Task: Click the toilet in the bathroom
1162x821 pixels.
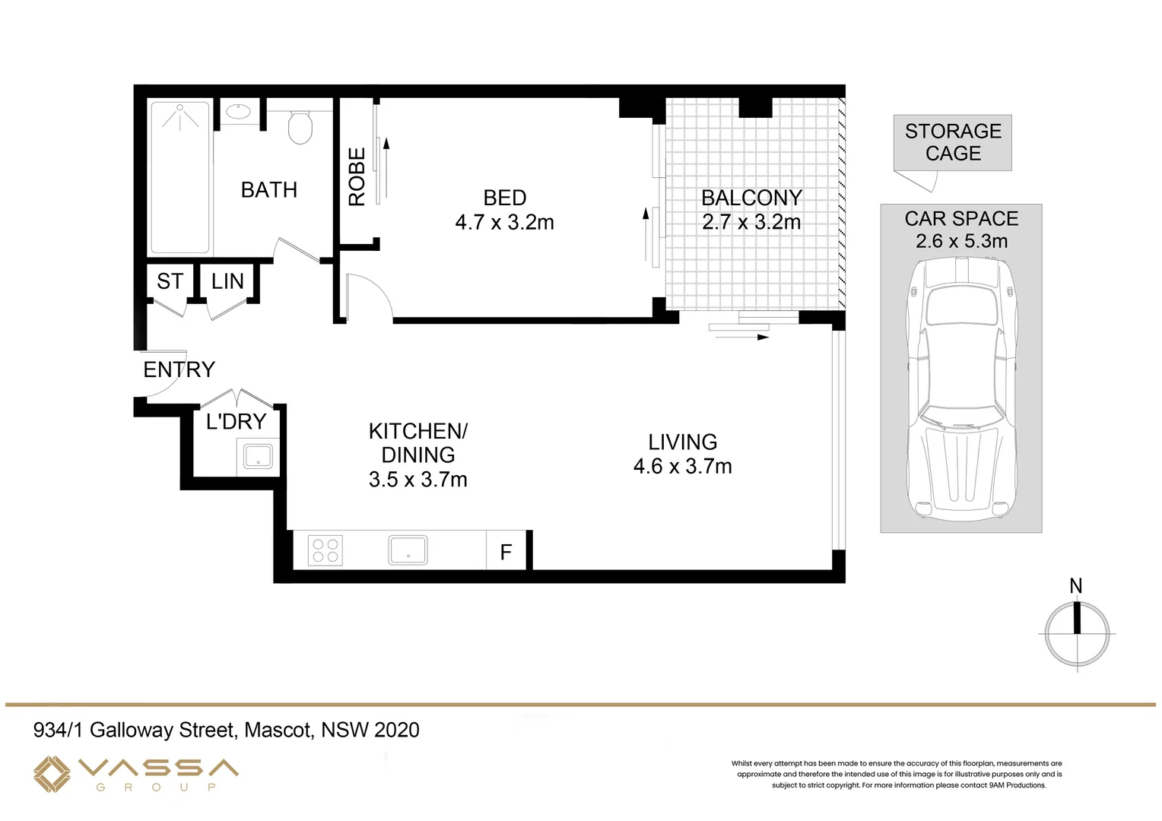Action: pos(300,127)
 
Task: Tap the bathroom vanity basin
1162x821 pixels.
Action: pos(239,112)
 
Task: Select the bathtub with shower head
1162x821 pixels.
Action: pos(180,177)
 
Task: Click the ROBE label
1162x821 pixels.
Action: pos(357,177)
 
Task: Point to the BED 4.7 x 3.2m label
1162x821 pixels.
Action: pos(504,211)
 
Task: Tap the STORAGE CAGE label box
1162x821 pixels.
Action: pos(952,143)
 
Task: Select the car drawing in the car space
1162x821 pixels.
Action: pos(961,388)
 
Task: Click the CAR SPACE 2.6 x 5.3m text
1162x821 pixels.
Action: pos(961,230)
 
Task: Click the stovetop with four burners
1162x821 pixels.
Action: pos(325,550)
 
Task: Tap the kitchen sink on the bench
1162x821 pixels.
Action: pos(408,550)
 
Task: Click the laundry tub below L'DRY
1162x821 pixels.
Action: pos(258,457)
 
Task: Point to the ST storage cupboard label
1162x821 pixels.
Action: pos(170,281)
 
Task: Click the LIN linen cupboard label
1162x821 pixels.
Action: pos(227,281)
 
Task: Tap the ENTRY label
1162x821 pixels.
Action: pos(179,369)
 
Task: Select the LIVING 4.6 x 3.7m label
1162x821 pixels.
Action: pos(682,454)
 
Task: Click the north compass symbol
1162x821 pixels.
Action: pos(1077,632)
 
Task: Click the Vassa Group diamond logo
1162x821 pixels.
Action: pos(52,774)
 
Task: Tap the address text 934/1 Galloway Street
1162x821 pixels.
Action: pos(226,730)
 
